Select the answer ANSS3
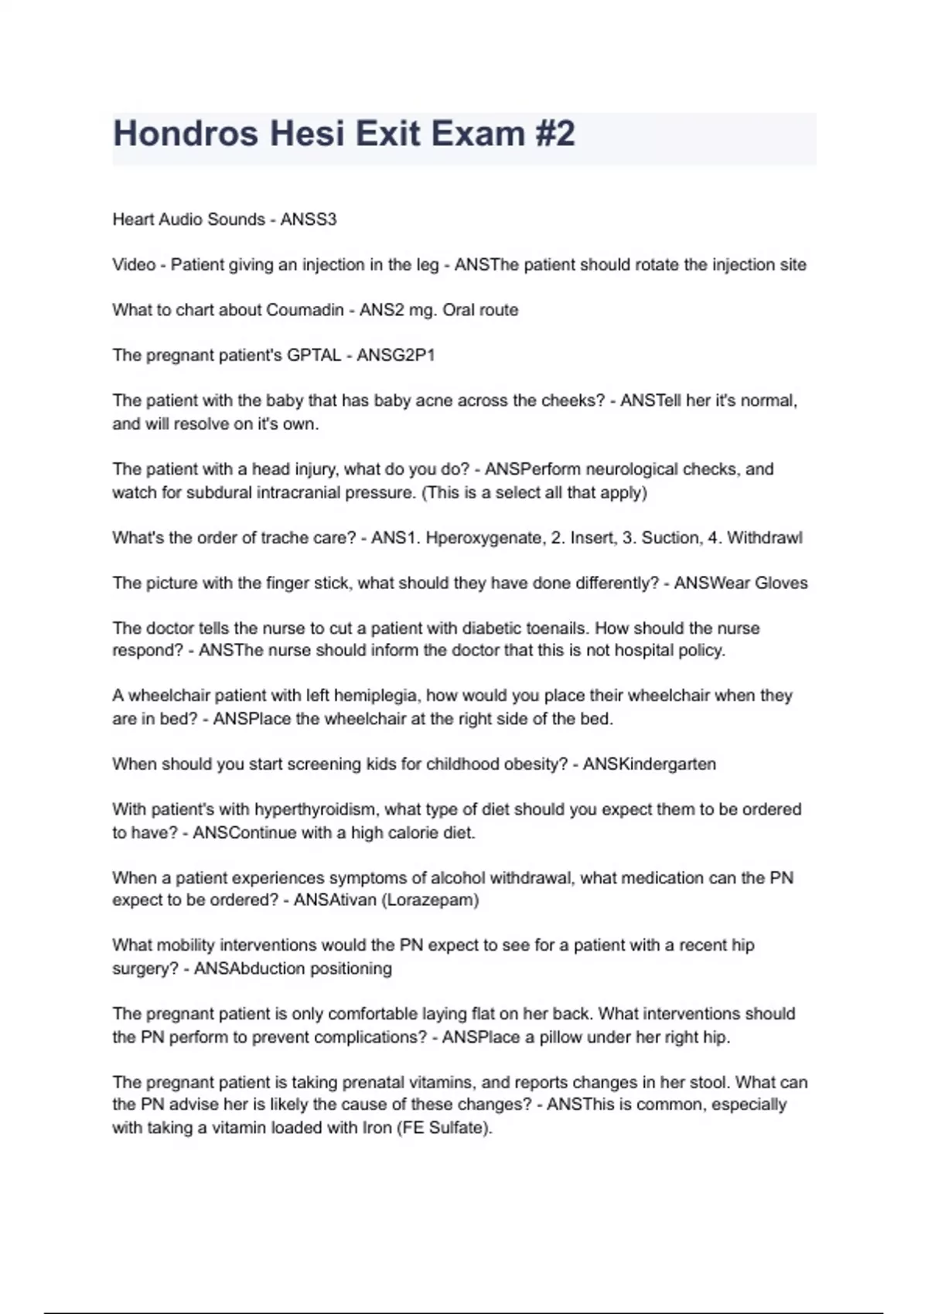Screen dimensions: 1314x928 coord(309,220)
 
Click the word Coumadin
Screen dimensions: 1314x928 coord(305,310)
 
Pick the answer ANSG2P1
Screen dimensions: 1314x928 coord(396,356)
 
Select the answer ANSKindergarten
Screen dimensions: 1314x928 coord(650,764)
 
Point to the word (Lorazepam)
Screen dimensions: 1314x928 coord(431,900)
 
